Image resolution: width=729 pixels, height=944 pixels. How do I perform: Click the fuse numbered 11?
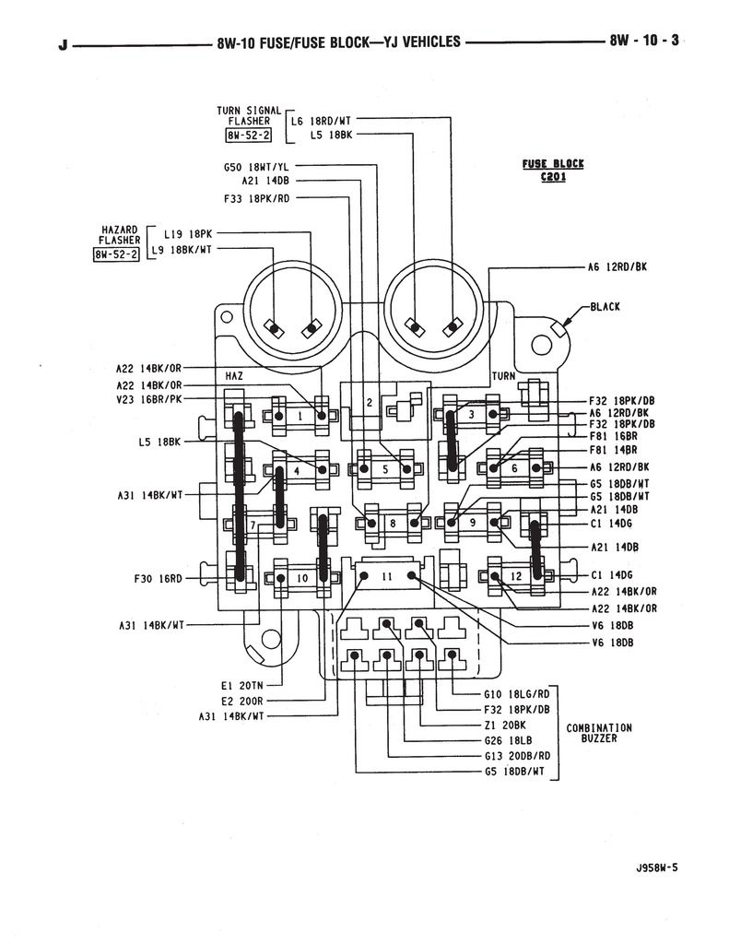(387, 576)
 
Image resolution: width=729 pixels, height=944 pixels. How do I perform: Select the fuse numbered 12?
(517, 577)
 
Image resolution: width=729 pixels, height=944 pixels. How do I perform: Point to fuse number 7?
(252, 525)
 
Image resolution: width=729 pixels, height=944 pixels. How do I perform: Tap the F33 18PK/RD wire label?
(257, 196)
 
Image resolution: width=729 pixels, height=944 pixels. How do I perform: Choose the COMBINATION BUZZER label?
(599, 733)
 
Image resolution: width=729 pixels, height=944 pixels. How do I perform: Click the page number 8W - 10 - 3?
(643, 41)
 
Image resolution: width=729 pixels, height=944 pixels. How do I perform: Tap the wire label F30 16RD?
(159, 579)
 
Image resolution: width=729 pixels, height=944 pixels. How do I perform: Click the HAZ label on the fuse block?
(233, 376)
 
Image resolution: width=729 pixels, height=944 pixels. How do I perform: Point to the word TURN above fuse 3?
(503, 376)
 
